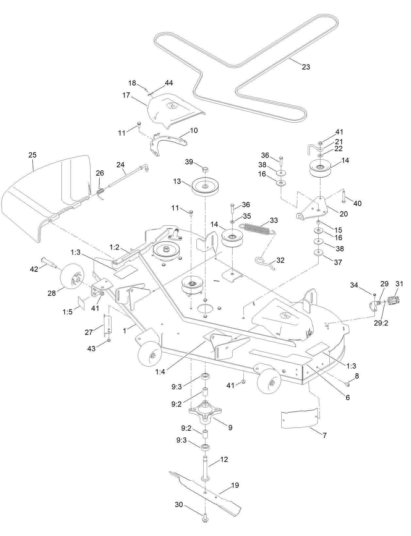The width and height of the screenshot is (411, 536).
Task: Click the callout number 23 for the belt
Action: (x=306, y=67)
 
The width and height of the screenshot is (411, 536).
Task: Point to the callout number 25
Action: (x=32, y=155)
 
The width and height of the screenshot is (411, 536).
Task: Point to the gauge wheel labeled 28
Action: (x=71, y=276)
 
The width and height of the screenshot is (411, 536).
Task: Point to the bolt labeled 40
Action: (x=344, y=197)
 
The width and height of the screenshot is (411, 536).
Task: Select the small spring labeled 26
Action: (x=101, y=191)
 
